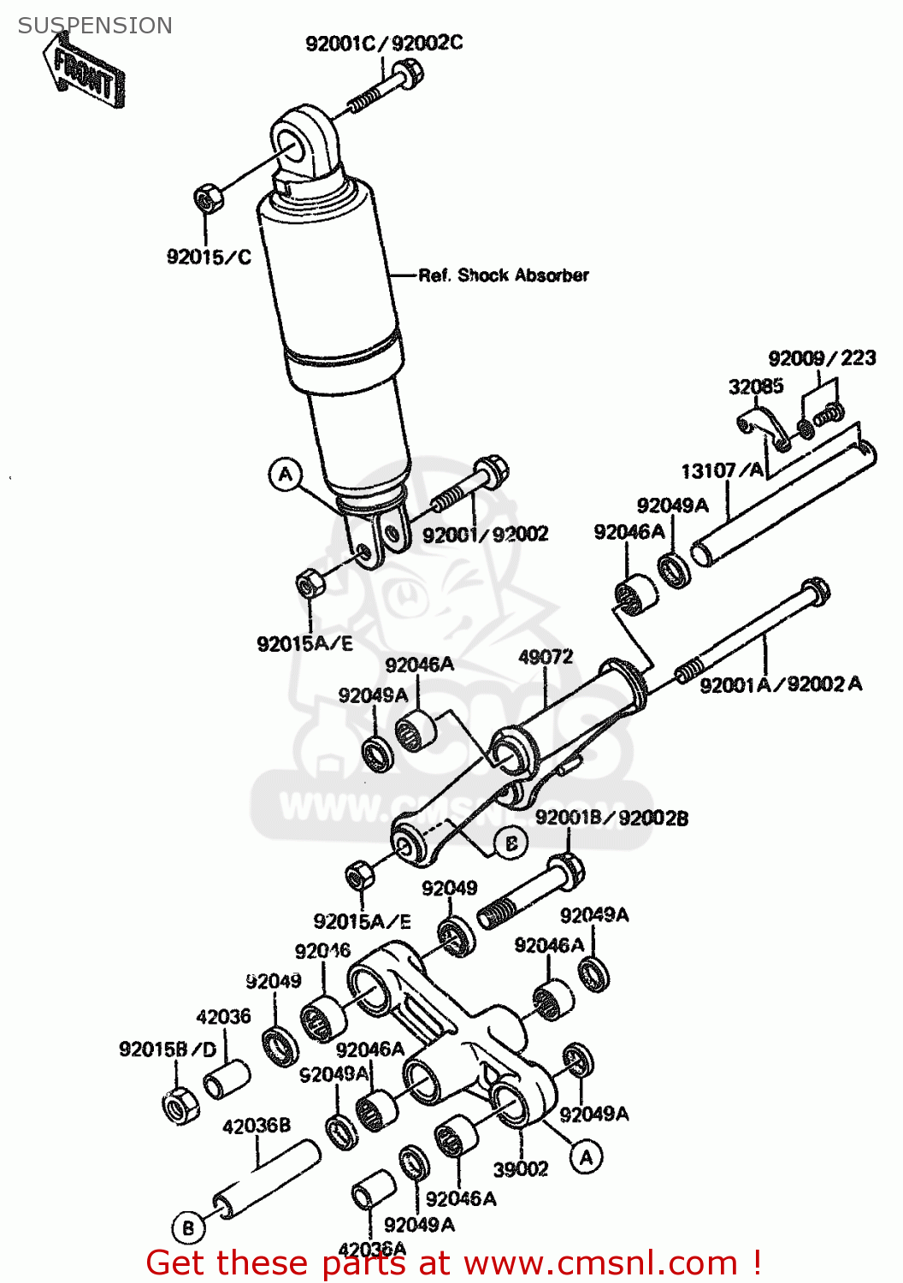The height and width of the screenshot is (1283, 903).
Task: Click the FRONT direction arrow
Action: click(x=83, y=73)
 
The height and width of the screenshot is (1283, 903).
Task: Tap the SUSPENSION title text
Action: click(x=95, y=26)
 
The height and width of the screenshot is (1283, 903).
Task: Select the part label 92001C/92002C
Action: click(x=384, y=43)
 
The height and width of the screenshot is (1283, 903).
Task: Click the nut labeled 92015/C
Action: click(x=206, y=199)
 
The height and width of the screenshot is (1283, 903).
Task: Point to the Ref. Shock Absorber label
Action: click(x=503, y=275)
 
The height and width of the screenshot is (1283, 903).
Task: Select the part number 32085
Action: click(x=755, y=387)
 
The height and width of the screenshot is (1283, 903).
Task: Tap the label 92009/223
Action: click(x=821, y=358)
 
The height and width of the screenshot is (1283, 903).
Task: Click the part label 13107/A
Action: click(x=722, y=470)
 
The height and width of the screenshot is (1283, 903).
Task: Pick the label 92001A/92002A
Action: click(x=780, y=684)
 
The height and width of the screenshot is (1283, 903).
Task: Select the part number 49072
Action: click(x=546, y=657)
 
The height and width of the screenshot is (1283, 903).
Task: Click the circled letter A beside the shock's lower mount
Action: click(x=286, y=474)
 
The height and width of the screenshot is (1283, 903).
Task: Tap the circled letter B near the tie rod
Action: click(x=511, y=843)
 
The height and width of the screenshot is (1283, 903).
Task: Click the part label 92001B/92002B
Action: click(x=611, y=818)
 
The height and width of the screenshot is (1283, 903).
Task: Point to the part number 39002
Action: click(x=520, y=1169)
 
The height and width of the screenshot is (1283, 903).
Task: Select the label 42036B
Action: click(x=257, y=1126)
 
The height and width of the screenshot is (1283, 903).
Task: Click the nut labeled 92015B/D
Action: click(x=180, y=1107)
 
